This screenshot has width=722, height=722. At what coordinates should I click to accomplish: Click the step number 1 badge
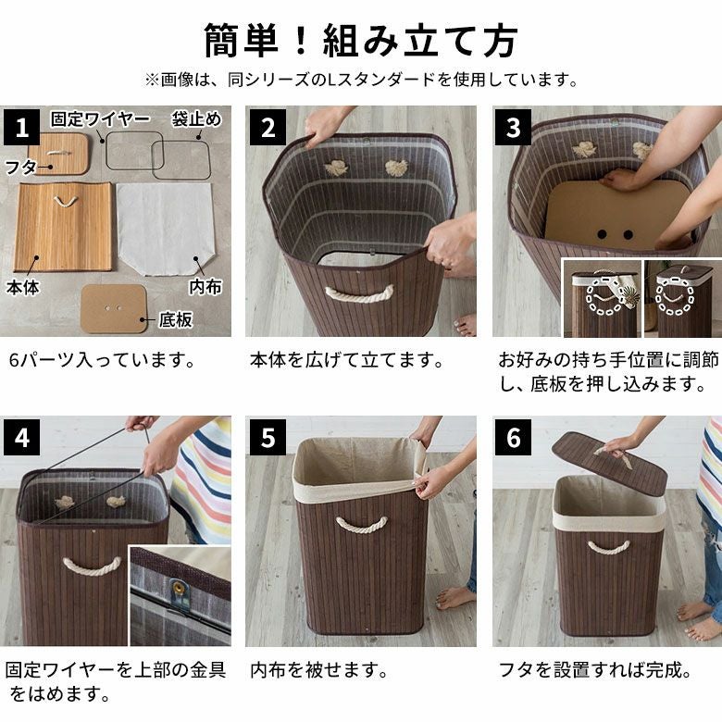click(x=21, y=127)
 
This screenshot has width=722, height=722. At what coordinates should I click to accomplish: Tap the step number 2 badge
click(x=268, y=127)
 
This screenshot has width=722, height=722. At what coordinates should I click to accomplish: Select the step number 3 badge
click(x=513, y=127)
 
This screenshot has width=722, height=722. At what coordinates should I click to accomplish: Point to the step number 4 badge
click(x=21, y=437)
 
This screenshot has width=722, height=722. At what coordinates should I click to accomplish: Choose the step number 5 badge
click(x=268, y=437)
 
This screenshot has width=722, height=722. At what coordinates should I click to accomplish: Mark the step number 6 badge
click(x=513, y=437)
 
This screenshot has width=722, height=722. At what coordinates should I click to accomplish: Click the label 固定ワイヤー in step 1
click(x=100, y=119)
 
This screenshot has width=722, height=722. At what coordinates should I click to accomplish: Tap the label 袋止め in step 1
click(x=196, y=119)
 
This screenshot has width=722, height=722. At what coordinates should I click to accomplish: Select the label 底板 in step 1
click(x=175, y=320)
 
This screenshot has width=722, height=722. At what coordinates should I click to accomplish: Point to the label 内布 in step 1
click(x=205, y=287)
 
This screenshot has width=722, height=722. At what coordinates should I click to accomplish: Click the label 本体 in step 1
click(x=23, y=287)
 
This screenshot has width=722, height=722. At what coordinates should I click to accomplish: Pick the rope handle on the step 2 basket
click(x=360, y=294)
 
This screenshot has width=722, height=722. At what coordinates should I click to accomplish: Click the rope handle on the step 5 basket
click(x=361, y=525)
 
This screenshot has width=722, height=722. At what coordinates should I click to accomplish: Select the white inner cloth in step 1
click(x=165, y=229)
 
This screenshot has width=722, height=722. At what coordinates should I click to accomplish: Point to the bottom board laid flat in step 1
click(x=114, y=308)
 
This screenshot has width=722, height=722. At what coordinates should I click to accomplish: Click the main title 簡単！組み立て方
click(x=361, y=41)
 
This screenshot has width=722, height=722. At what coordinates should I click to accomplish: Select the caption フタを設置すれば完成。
click(x=595, y=670)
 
